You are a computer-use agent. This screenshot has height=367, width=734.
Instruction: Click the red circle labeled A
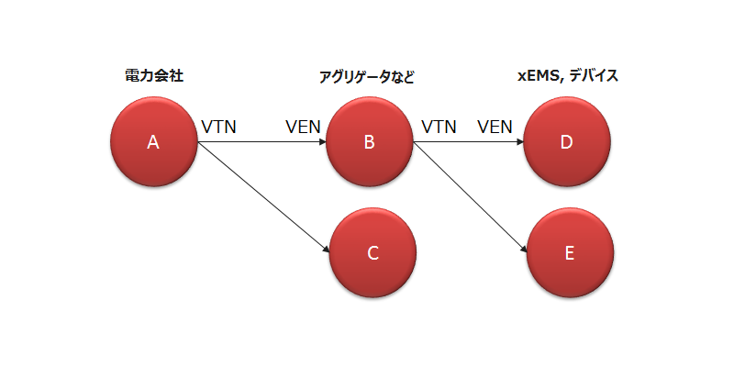click(153, 142)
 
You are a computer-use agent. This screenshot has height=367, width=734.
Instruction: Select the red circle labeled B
click(369, 142)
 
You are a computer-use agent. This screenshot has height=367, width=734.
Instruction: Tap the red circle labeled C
click(373, 252)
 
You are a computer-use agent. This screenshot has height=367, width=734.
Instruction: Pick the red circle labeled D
click(566, 142)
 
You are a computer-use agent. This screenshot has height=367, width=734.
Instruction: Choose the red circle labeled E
click(570, 252)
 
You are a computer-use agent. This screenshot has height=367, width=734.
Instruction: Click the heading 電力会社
click(154, 76)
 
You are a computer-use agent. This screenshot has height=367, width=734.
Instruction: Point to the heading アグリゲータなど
click(366, 77)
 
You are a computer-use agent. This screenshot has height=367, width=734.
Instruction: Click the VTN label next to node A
click(218, 127)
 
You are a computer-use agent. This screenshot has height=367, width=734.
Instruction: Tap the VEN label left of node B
click(303, 127)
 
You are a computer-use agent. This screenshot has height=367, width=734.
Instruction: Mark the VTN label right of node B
click(439, 127)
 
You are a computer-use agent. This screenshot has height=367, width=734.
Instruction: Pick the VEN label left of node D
click(495, 127)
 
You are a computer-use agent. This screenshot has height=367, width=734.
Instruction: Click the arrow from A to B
click(261, 142)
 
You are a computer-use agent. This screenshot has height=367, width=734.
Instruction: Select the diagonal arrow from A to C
click(263, 196)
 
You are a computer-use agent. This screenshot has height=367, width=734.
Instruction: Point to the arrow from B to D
click(468, 142)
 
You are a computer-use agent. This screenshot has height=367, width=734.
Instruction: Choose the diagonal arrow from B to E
click(470, 196)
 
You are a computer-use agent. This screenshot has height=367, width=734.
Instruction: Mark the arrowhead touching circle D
click(517, 142)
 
